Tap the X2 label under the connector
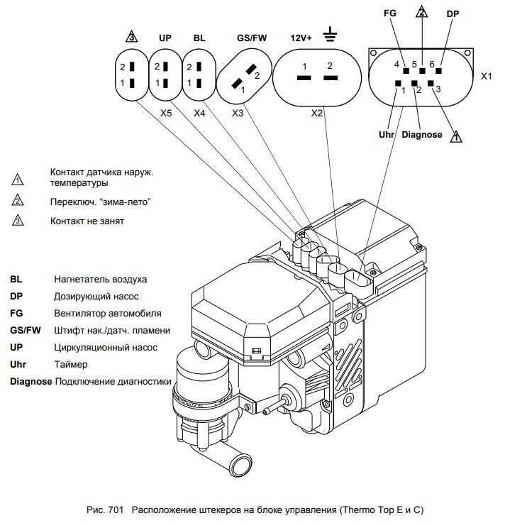tap(317, 113)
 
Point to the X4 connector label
tap(200, 113)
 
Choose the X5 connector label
tap(165, 113)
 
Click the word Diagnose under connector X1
tap(421, 134)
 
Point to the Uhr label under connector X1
tap(387, 134)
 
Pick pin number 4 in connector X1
tap(396, 65)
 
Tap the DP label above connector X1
tap(453, 13)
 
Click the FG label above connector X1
tap(389, 13)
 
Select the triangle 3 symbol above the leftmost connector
tap(130, 37)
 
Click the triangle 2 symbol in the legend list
tap(18, 202)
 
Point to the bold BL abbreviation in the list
tap(16, 279)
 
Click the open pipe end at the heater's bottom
tap(240, 466)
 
